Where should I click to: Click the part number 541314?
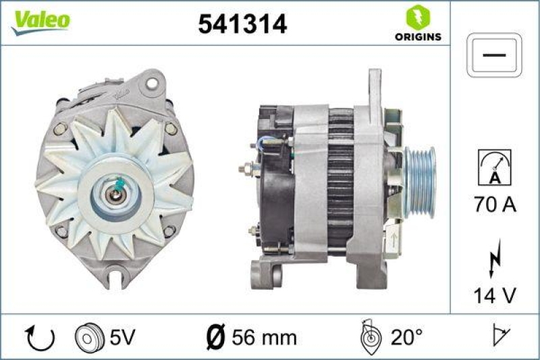pyautogui.click(x=242, y=24)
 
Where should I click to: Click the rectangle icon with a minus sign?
pyautogui.click(x=495, y=55)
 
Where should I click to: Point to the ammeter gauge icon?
pyautogui.click(x=494, y=167)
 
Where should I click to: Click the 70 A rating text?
pyautogui.click(x=494, y=204)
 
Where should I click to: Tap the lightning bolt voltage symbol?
pyautogui.click(x=494, y=260)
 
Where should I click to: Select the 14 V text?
pyautogui.click(x=494, y=294)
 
